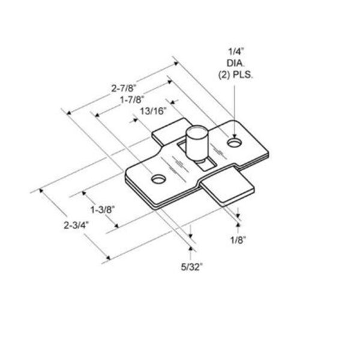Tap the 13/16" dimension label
[x=152, y=110]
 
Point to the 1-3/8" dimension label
[x=103, y=210]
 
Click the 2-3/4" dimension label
[x=75, y=226]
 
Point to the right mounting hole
[x=234, y=143]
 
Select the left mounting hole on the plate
[x=158, y=179]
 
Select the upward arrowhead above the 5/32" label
[x=191, y=246]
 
